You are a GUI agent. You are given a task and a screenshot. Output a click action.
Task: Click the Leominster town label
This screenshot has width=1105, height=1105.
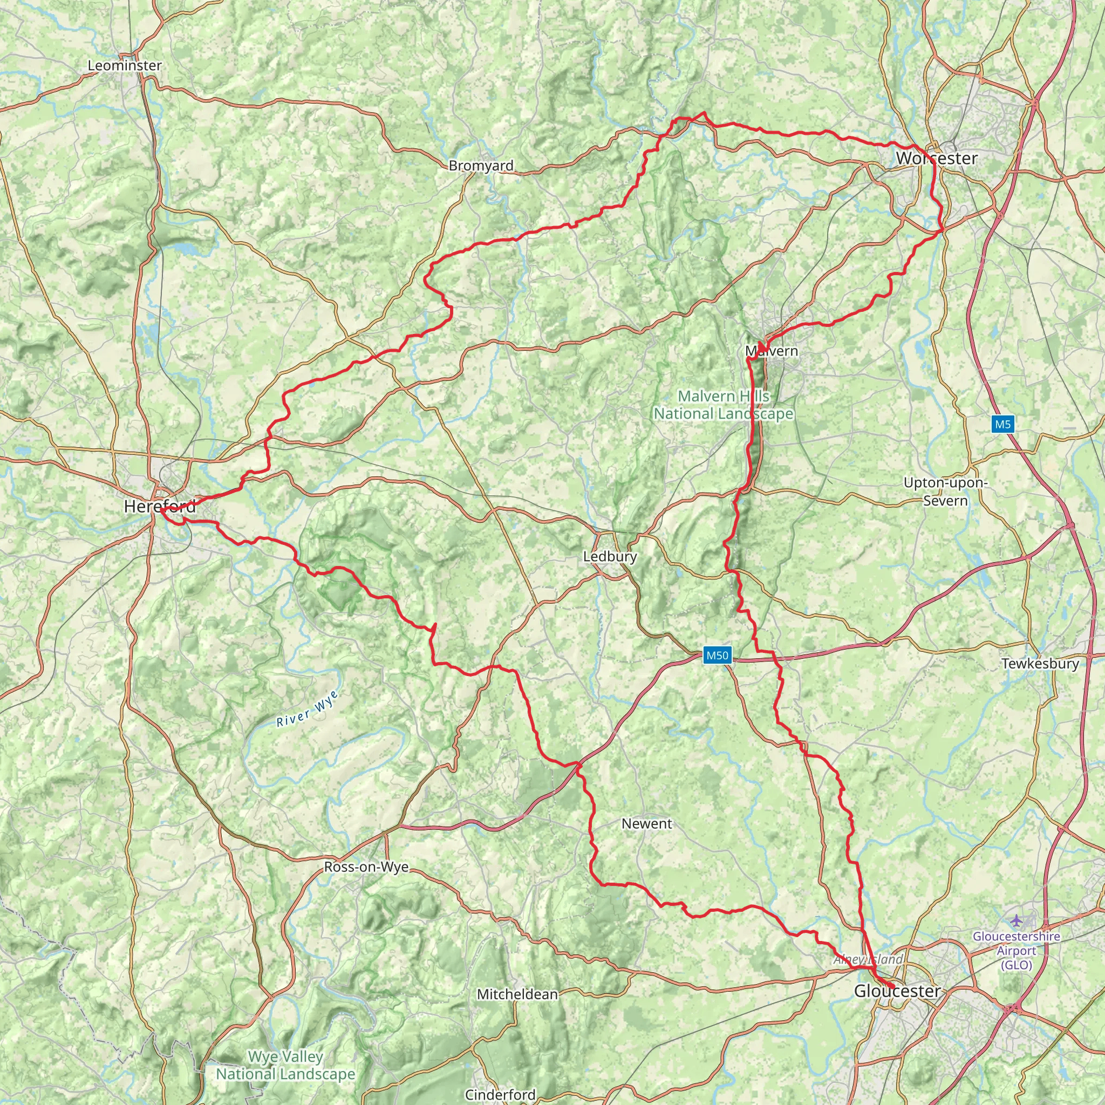(125, 66)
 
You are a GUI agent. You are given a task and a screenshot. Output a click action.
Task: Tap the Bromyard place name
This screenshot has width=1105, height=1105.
(481, 166)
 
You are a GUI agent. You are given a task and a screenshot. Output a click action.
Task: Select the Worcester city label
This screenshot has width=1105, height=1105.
(936, 159)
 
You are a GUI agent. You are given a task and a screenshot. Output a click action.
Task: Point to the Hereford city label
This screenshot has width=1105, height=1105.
(160, 506)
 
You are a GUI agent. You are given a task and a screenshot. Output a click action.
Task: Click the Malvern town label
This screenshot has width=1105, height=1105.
(772, 351)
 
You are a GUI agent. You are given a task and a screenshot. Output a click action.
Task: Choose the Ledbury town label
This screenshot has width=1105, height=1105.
(610, 556)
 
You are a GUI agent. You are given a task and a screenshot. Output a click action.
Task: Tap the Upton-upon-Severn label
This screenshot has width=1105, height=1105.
(945, 492)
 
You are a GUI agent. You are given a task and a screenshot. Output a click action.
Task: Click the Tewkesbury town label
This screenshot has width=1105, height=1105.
(1040, 664)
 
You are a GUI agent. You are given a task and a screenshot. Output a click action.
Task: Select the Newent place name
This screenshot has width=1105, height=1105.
(647, 823)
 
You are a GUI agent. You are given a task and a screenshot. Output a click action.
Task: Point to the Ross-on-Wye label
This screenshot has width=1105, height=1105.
(366, 867)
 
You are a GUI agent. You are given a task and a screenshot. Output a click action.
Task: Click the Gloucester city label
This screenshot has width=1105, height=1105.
(897, 991)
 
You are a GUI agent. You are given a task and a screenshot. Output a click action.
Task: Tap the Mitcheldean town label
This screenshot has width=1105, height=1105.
(517, 994)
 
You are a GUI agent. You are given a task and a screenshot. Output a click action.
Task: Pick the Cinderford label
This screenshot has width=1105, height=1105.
(500, 1094)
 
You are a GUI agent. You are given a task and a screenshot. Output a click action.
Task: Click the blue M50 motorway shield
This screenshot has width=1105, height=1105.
(717, 655)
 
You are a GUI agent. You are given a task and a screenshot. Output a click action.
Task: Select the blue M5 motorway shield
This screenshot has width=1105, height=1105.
(1002, 424)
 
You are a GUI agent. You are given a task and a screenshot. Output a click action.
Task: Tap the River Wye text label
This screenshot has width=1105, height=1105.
(308, 708)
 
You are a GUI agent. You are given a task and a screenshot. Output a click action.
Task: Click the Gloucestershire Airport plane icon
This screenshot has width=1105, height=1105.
(1016, 920)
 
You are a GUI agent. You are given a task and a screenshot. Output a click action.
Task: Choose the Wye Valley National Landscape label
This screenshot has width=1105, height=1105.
(285, 1065)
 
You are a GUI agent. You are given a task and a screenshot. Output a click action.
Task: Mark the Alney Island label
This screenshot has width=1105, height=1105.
(868, 959)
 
